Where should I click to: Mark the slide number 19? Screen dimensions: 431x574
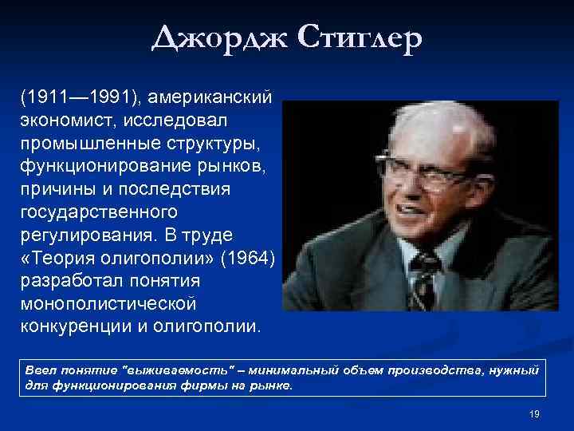(534, 413)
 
